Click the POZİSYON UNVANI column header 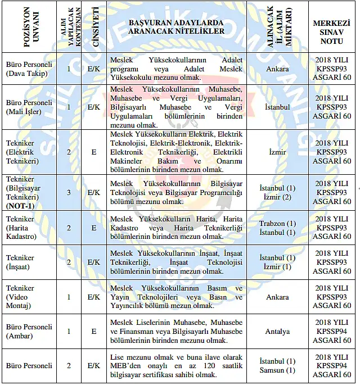point(29,28)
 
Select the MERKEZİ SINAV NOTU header point(332,28)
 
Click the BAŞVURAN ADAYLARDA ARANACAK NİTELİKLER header point(176,28)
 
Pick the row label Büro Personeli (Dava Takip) point(29,69)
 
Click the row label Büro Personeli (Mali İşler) point(29,107)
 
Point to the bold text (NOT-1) point(20,206)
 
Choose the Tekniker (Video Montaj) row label point(21,297)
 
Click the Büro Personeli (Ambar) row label point(29,331)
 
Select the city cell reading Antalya point(278,332)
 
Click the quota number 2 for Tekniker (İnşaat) point(69,262)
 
